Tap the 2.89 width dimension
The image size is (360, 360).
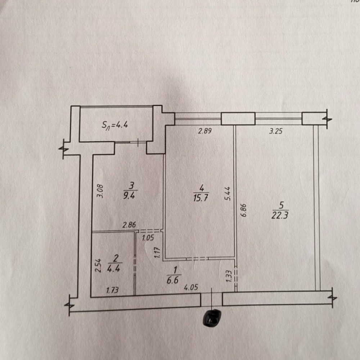coord(205,131)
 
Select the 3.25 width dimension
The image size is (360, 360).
coord(276,131)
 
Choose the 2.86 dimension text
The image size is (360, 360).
coord(129,226)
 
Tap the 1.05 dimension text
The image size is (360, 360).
coord(148,238)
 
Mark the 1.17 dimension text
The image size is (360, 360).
coord(157,252)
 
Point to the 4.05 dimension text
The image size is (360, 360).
coord(191,288)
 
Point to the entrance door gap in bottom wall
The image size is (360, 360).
coord(211,299)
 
